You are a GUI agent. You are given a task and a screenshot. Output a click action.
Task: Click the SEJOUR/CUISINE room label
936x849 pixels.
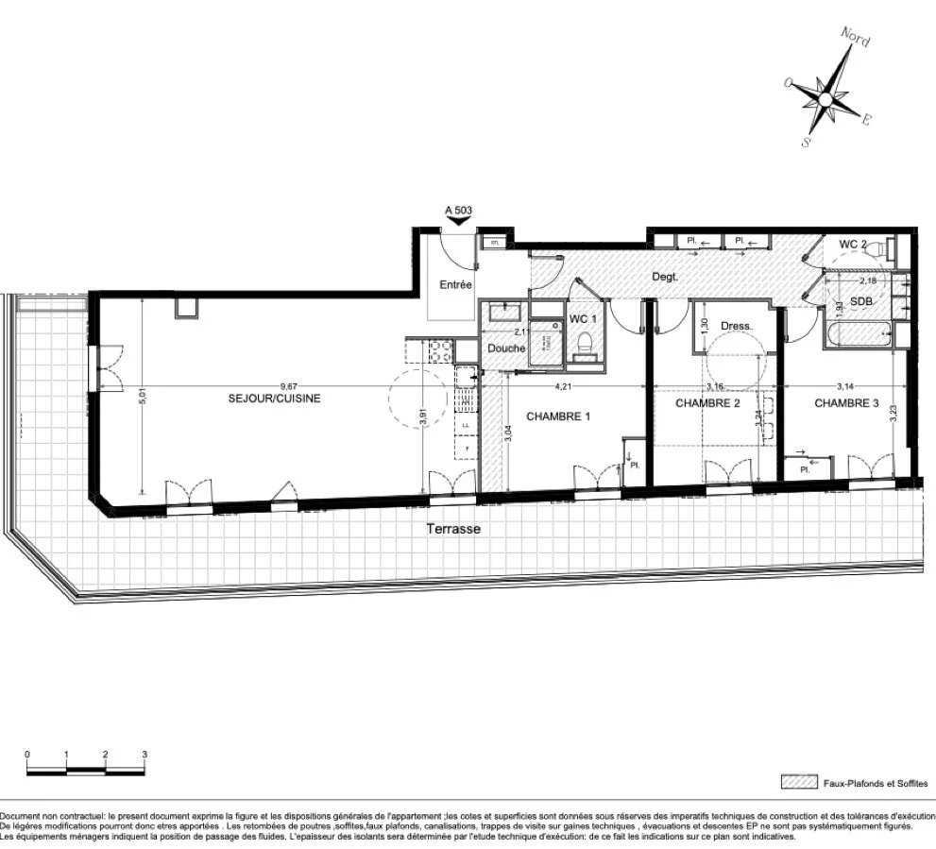(274, 399)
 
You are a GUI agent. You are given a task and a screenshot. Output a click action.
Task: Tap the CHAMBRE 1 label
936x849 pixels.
(558, 416)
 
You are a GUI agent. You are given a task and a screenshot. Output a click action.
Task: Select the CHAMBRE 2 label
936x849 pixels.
(707, 403)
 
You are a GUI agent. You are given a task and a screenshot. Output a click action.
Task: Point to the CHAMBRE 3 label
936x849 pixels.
(846, 403)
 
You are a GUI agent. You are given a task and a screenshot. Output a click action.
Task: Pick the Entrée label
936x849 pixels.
(456, 284)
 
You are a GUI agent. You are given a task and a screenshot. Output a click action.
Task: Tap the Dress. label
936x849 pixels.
(736, 327)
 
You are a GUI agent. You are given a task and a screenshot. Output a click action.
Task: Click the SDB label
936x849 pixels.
(862, 300)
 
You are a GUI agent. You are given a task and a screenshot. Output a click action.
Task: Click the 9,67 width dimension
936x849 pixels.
(274, 385)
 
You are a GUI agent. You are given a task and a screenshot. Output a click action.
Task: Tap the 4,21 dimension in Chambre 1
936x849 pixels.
(563, 385)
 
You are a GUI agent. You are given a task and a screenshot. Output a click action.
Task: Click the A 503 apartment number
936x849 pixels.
(458, 212)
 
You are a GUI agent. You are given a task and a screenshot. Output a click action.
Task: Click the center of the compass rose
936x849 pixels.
(825, 98)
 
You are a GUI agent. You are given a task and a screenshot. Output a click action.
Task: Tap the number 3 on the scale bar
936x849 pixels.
(145, 755)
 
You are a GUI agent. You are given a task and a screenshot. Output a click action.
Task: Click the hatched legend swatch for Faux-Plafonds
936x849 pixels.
(799, 783)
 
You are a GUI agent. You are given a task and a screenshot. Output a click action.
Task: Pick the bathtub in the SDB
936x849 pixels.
(859, 335)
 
